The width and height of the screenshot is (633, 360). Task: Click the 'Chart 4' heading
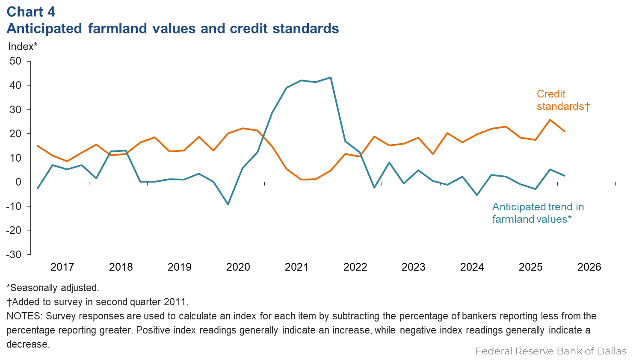(x=31, y=12)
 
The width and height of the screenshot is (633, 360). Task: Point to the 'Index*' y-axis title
(x=23, y=46)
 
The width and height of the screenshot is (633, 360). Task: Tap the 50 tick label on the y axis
(x=15, y=61)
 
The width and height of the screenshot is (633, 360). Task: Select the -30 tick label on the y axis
(x=14, y=254)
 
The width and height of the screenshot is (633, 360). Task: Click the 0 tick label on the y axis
(x=18, y=182)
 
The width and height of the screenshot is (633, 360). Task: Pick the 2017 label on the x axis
(x=62, y=267)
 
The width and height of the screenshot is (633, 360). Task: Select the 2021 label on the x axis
(x=296, y=267)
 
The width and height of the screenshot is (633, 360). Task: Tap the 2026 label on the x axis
(x=589, y=267)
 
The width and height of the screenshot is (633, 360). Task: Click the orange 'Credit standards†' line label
(x=562, y=100)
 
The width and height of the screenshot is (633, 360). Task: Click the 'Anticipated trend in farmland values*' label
(x=538, y=213)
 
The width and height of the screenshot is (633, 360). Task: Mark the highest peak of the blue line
(x=331, y=77)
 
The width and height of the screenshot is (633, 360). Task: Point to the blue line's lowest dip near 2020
(x=228, y=204)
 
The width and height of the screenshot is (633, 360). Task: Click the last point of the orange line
(x=565, y=131)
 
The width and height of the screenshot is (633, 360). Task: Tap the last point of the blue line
(x=565, y=176)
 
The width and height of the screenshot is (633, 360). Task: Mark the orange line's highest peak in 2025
(x=550, y=120)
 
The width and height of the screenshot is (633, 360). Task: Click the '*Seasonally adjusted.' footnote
(x=53, y=288)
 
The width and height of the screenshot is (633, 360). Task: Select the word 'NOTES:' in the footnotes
(x=24, y=316)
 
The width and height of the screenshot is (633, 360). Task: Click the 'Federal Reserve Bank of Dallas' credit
(x=550, y=351)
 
